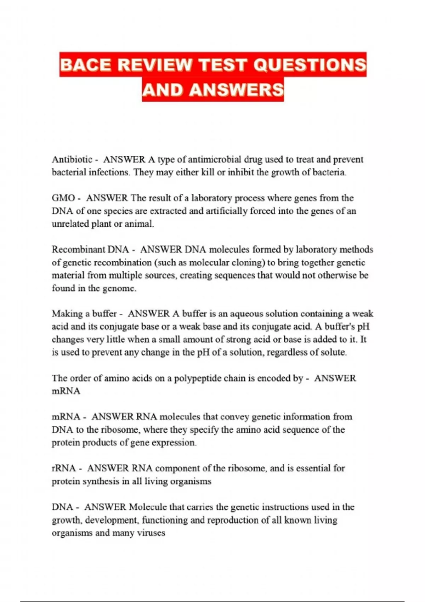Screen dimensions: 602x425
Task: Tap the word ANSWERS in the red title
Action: click(x=237, y=90)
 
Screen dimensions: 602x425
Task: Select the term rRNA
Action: click(x=64, y=468)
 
